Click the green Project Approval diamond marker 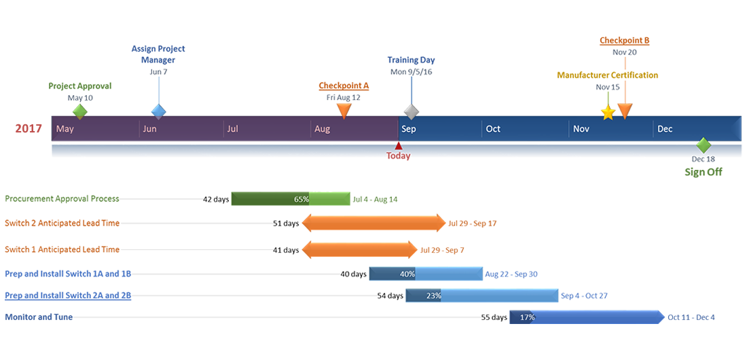[x=80, y=111]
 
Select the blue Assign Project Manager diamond [x=158, y=111]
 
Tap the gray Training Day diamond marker [x=410, y=111]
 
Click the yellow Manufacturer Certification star [x=608, y=113]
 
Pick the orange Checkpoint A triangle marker [x=344, y=111]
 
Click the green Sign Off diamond [x=703, y=145]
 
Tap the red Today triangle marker [x=399, y=145]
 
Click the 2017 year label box [x=29, y=128]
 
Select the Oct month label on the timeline [x=493, y=129]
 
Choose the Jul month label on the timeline [x=233, y=129]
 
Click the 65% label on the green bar [x=302, y=200]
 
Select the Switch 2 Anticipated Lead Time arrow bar [x=373, y=223]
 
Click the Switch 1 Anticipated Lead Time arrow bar [x=359, y=250]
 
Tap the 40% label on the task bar [x=407, y=274]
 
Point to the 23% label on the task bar [x=433, y=295]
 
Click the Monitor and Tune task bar [x=587, y=317]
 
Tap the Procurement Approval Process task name [x=62, y=199]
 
